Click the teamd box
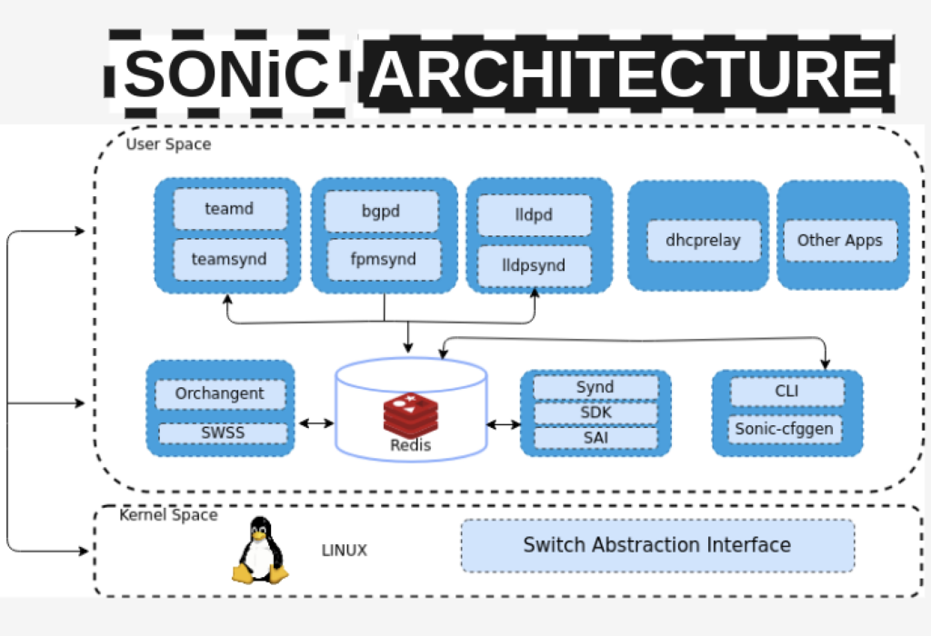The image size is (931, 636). click(230, 209)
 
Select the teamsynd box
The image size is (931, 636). click(230, 259)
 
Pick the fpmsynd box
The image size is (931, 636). click(384, 259)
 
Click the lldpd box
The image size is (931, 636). click(535, 215)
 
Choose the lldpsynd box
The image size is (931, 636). click(535, 265)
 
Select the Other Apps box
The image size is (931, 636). click(840, 240)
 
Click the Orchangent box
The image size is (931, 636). click(220, 393)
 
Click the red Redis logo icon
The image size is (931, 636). click(410, 413)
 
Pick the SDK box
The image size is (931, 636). click(596, 412)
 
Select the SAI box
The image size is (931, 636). click(596, 437)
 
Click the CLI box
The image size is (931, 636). click(786, 392)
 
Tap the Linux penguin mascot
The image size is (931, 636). click(260, 551)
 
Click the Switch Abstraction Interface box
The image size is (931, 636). click(657, 545)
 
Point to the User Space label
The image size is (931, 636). click(168, 144)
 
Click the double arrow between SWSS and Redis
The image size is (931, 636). click(316, 422)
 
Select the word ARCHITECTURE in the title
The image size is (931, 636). click(626, 75)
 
